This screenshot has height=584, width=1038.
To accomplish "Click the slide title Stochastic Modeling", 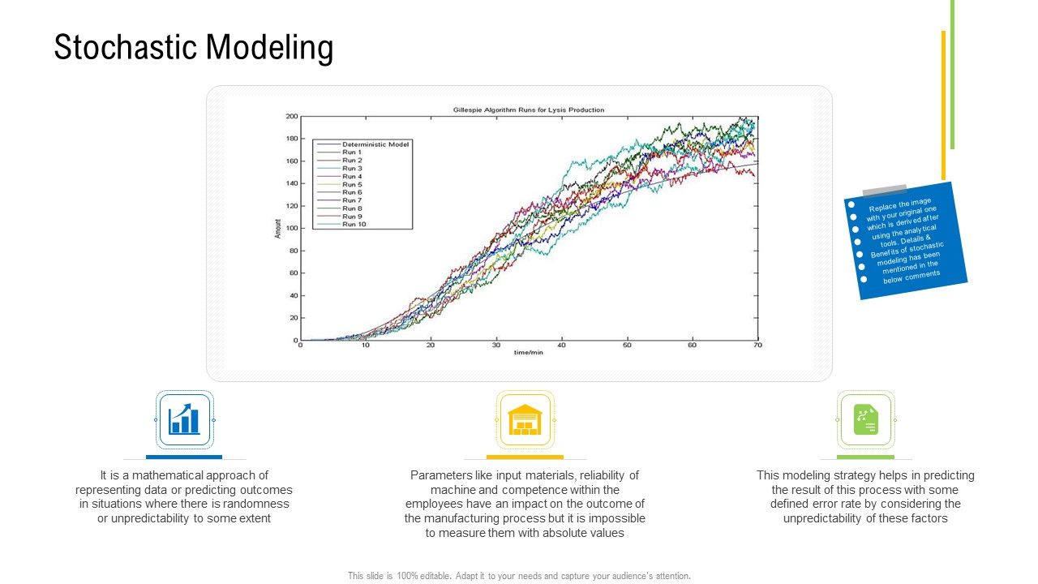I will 194,48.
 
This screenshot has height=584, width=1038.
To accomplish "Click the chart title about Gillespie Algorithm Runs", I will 528,109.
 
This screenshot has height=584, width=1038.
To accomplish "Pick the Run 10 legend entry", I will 354,224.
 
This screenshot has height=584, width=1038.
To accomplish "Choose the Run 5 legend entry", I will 352,184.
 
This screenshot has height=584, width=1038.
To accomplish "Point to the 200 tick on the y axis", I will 291,117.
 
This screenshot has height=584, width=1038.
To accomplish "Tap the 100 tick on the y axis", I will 291,229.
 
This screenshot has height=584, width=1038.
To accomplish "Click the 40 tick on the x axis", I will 561,346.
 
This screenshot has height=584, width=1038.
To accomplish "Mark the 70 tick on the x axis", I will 757,346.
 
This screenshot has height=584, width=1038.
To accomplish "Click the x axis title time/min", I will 528,353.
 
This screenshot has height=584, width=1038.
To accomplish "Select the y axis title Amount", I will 277,228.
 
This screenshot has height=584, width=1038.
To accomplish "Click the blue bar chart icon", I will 184,419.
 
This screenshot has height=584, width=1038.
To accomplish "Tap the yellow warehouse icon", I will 525,419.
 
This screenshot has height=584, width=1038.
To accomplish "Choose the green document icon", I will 865,419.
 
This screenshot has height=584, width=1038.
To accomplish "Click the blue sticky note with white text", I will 905,241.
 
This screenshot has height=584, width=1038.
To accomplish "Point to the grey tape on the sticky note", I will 884,191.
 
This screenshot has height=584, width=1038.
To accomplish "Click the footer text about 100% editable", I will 519,576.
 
